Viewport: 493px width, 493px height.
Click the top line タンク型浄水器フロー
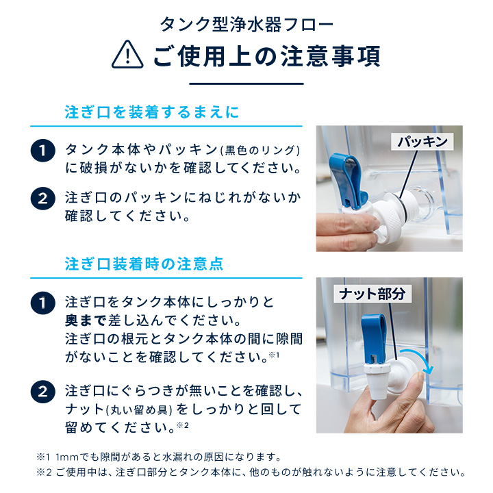tap(246, 25)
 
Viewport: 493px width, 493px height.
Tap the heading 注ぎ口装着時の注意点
tap(144, 264)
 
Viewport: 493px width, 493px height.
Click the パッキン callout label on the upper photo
tap(422, 142)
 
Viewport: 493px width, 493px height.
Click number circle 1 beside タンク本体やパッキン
tap(43, 151)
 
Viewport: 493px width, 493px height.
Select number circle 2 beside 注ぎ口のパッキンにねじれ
tap(43, 199)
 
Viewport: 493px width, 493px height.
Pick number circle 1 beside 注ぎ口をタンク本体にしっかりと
tap(43, 303)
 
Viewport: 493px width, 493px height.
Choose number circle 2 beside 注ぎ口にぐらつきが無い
tap(43, 393)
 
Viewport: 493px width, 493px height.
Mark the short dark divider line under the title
tap(246, 83)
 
